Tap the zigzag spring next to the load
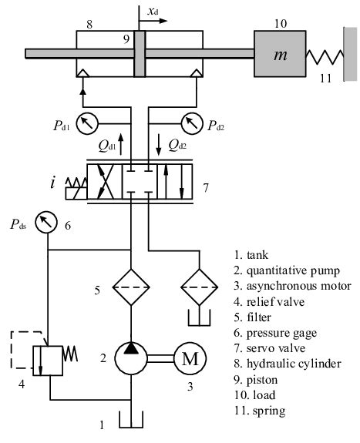(325, 55)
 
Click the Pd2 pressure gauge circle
(190, 122)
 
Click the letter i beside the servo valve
(52, 183)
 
